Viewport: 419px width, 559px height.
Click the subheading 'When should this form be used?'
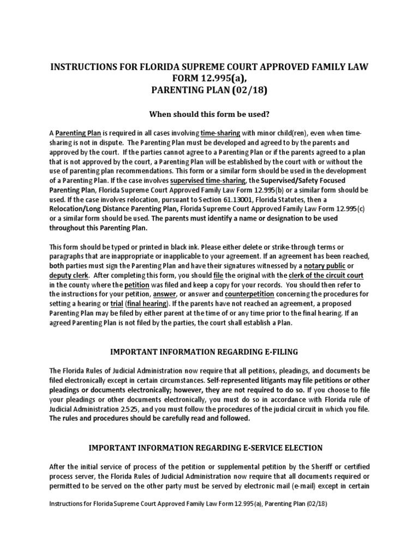pos(209,114)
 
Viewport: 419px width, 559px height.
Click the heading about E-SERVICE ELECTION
pos(209,448)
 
